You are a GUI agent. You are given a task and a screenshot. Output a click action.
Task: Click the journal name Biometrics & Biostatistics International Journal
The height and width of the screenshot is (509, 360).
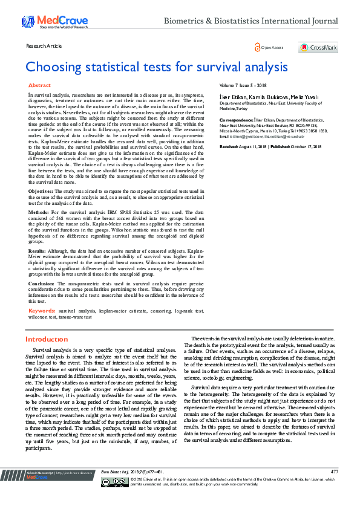click(x=251, y=21)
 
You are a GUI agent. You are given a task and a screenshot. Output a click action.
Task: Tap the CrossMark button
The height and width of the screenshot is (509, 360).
click(x=318, y=47)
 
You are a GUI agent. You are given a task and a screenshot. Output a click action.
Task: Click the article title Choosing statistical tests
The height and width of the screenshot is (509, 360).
click(x=156, y=66)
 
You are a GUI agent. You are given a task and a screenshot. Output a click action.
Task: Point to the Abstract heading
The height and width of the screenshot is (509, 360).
click(x=39, y=86)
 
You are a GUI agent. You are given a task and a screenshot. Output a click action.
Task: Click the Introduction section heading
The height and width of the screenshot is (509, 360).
click(x=47, y=340)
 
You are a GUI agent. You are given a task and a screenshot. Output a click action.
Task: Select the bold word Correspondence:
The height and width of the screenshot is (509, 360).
click(x=236, y=120)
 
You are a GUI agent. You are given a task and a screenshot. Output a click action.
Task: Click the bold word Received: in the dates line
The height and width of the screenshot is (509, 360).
click(x=229, y=147)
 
